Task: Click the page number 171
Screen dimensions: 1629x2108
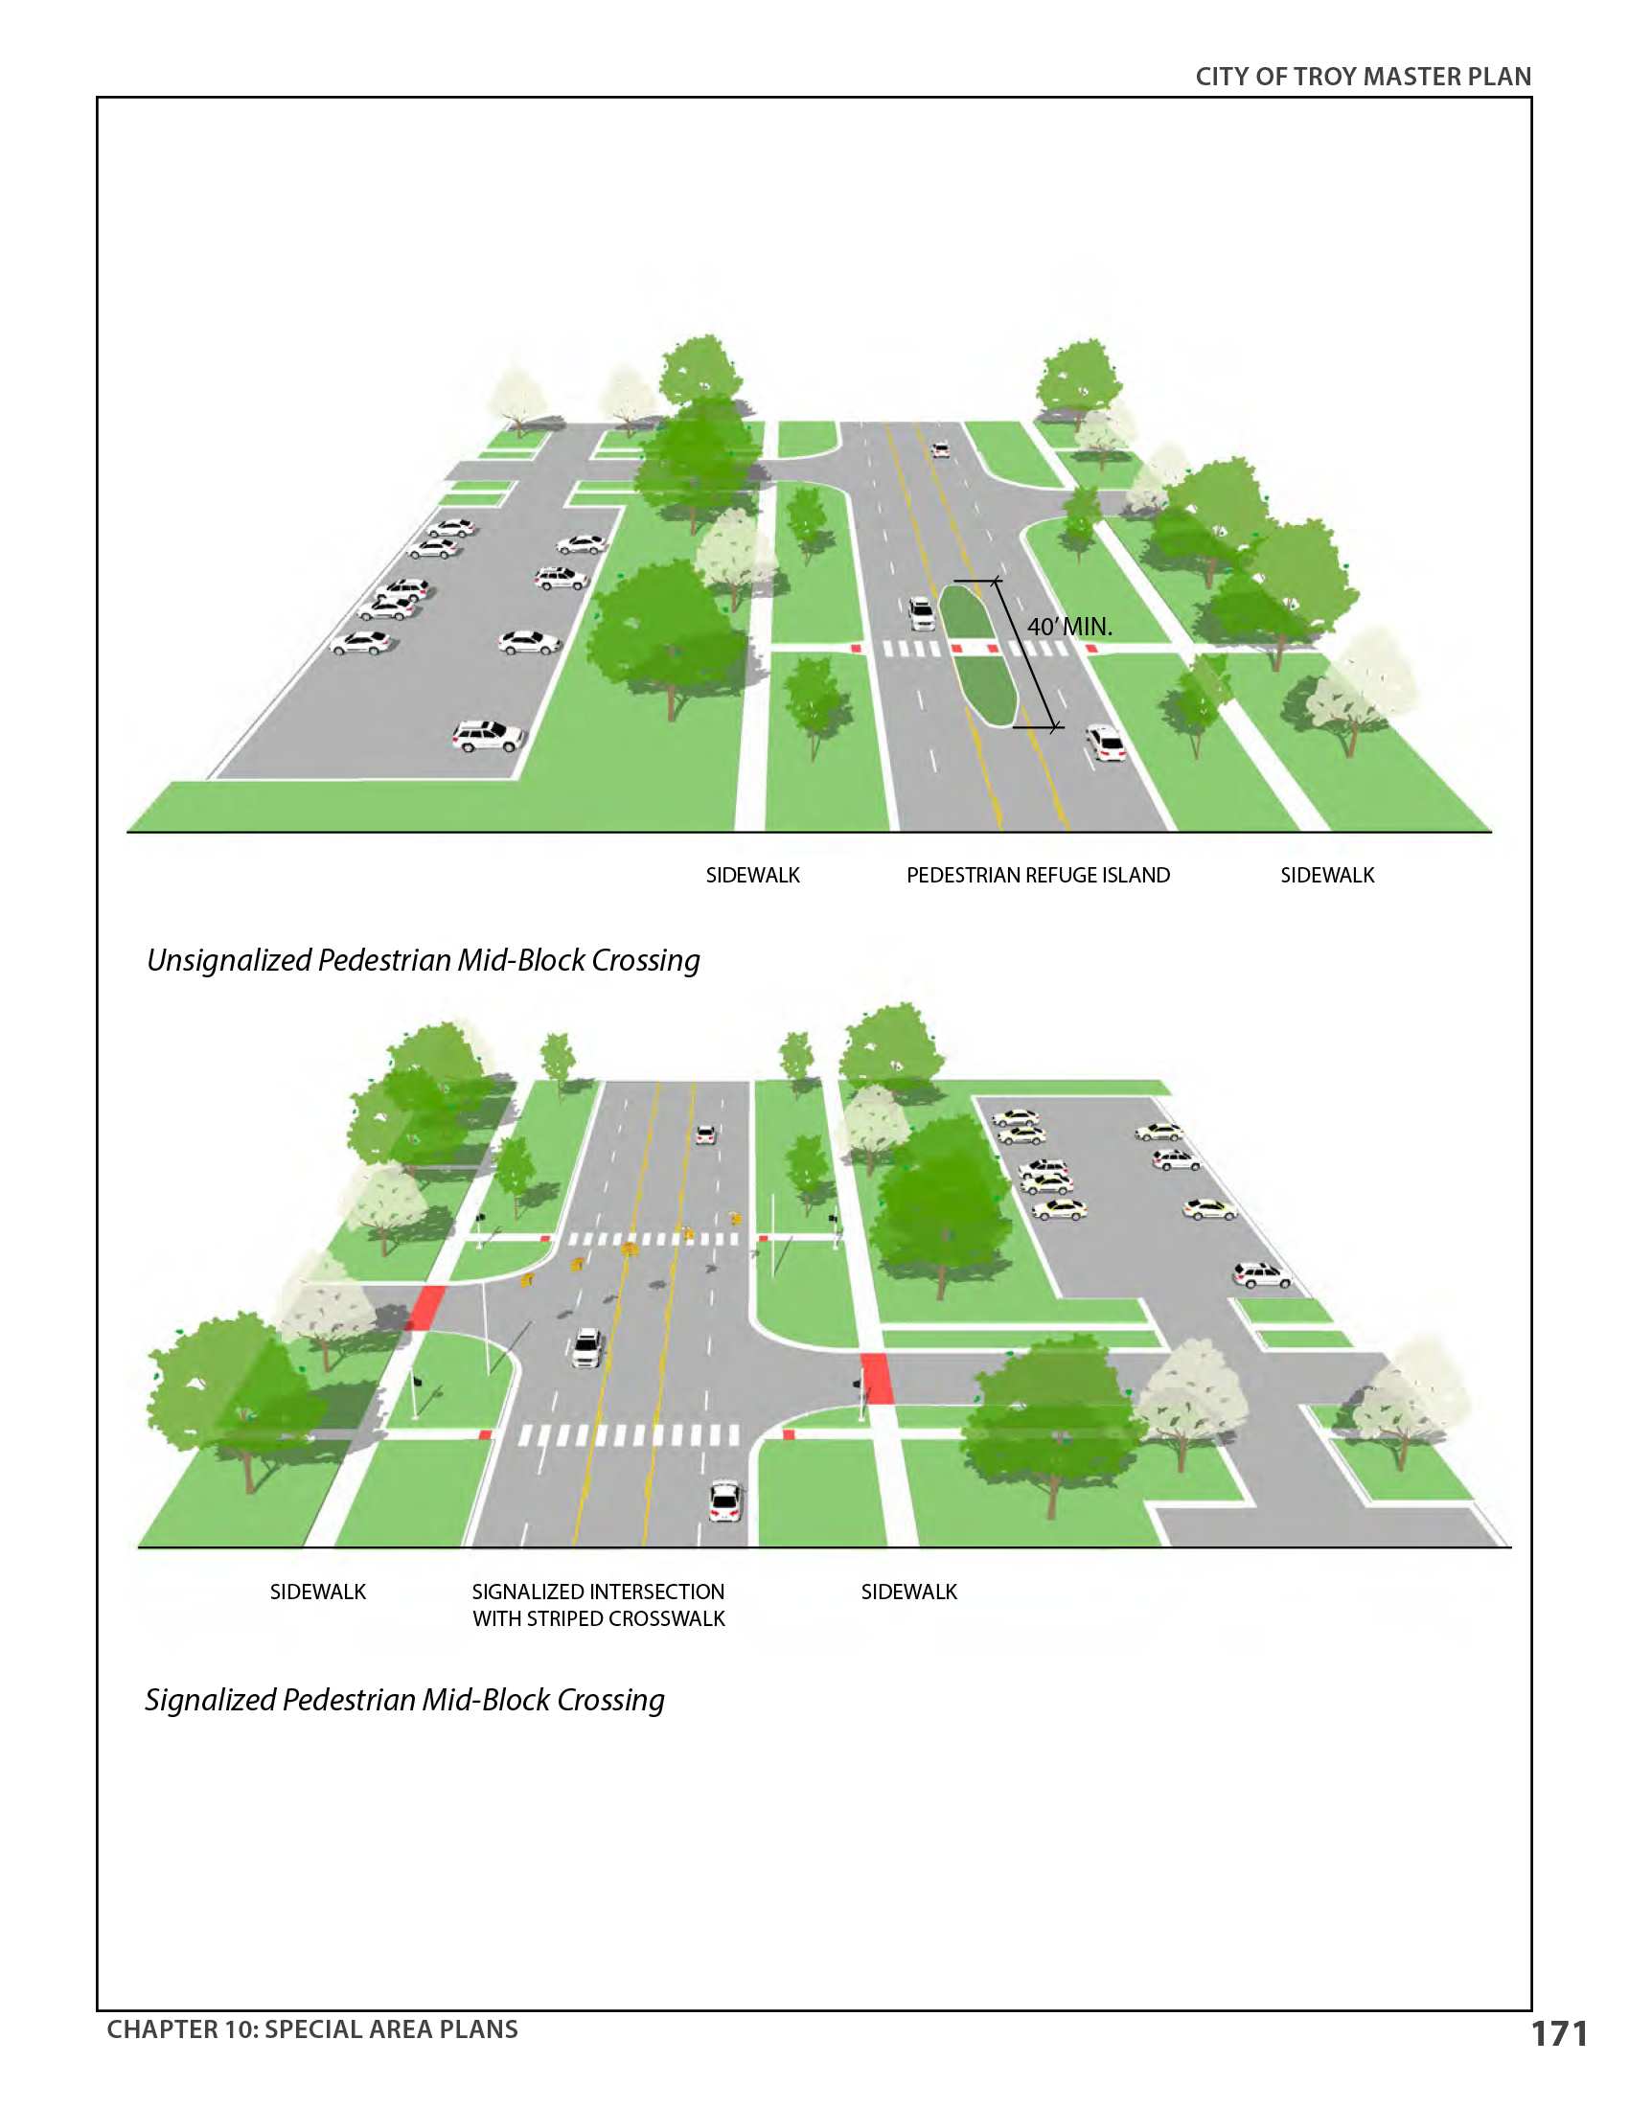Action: [1558, 2033]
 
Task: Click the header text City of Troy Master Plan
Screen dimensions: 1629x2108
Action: [1363, 78]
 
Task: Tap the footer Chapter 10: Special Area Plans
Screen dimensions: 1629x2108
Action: [311, 2028]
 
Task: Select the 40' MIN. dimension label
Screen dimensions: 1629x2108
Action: [1069, 627]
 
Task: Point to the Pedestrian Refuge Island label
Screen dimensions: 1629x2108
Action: [1038, 875]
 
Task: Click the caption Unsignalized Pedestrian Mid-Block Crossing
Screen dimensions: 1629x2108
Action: [423, 960]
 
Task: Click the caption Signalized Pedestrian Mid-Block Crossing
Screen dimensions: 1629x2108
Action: [404, 1700]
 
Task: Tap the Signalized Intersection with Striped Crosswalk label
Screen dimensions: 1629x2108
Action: [598, 1605]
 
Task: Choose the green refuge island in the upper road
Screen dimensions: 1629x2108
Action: [976, 653]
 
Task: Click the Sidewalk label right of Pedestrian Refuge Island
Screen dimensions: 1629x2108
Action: [1327, 875]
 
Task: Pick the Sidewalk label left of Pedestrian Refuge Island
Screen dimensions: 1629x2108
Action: [753, 875]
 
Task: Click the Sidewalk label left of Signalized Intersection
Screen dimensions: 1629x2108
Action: [317, 1592]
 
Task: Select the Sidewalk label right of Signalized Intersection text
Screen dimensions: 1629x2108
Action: [909, 1592]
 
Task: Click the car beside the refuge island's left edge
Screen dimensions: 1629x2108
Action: [922, 613]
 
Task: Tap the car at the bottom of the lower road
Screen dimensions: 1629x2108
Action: [723, 1501]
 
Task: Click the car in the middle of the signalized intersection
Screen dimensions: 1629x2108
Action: [586, 1347]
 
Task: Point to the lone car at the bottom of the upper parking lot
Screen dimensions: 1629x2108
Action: [488, 736]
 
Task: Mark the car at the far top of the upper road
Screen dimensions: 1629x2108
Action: [940, 449]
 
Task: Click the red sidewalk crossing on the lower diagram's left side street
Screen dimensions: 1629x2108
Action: [425, 1307]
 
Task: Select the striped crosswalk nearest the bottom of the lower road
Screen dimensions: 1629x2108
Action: [629, 1435]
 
